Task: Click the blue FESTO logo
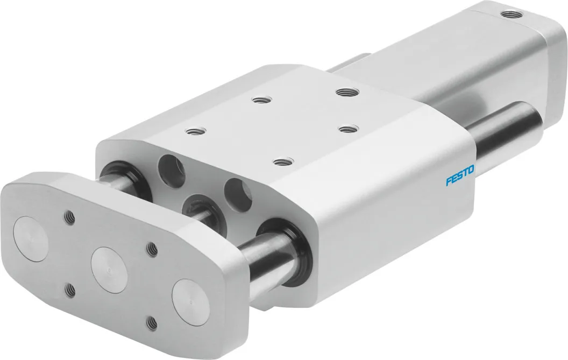(x=460, y=175)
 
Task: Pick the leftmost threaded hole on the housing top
(x=195, y=131)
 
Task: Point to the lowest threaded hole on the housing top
(x=283, y=161)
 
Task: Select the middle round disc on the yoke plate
(x=109, y=270)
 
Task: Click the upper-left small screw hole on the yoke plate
(x=69, y=217)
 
